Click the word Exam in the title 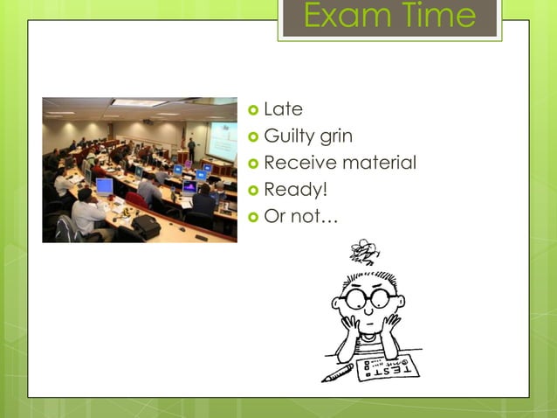pyautogui.click(x=341, y=17)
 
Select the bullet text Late pyautogui.click(x=283, y=109)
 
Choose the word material pyautogui.click(x=379, y=163)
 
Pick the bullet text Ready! pyautogui.click(x=294, y=189)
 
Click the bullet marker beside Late pyautogui.click(x=253, y=110)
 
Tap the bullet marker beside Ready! pyautogui.click(x=253, y=190)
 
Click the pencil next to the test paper pyautogui.click(x=337, y=373)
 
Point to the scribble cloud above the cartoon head pyautogui.click(x=364, y=252)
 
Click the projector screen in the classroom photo pyautogui.click(x=223, y=140)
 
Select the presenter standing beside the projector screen pyautogui.click(x=191, y=149)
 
